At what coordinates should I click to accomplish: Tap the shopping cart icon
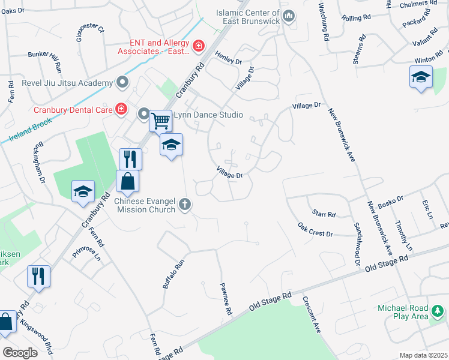point(161,121)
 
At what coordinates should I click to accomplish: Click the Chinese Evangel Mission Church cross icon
point(185,205)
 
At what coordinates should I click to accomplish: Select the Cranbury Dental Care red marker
point(121,109)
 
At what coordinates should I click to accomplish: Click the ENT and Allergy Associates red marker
point(198,45)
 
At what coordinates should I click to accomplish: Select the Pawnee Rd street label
point(226,299)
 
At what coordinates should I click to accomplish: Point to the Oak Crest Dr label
point(315,229)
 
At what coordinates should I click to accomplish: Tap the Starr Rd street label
point(324,213)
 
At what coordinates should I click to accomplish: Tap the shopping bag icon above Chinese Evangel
point(128,181)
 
